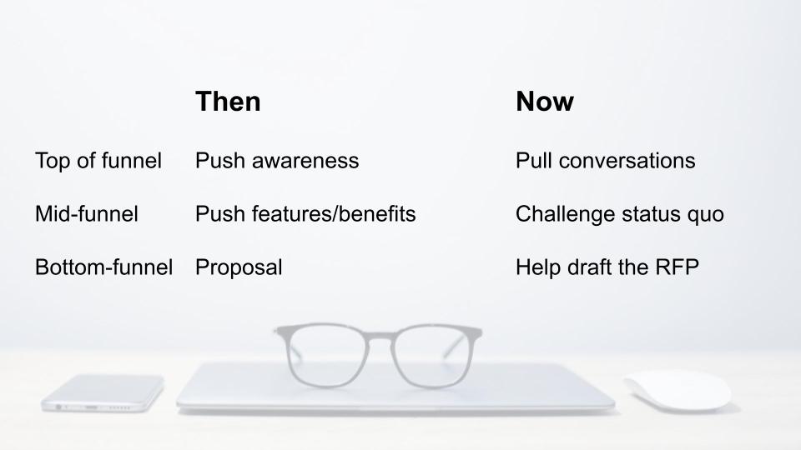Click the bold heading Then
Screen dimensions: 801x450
(x=228, y=102)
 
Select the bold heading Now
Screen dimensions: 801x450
(x=545, y=102)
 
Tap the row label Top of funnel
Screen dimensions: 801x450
(x=98, y=161)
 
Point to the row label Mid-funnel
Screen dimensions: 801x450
(x=86, y=214)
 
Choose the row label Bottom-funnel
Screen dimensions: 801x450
(x=103, y=267)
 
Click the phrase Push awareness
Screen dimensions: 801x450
(x=277, y=161)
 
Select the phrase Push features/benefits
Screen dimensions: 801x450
(x=305, y=214)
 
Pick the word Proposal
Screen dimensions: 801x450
(x=239, y=267)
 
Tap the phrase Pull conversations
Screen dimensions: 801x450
(x=606, y=161)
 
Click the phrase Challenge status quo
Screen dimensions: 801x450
(x=620, y=214)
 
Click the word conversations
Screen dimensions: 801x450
(x=627, y=161)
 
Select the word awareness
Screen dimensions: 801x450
(x=305, y=162)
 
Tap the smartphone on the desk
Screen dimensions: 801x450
(x=103, y=392)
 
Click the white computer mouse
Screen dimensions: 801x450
(x=678, y=390)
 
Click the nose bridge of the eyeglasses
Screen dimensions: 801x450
(x=380, y=336)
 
